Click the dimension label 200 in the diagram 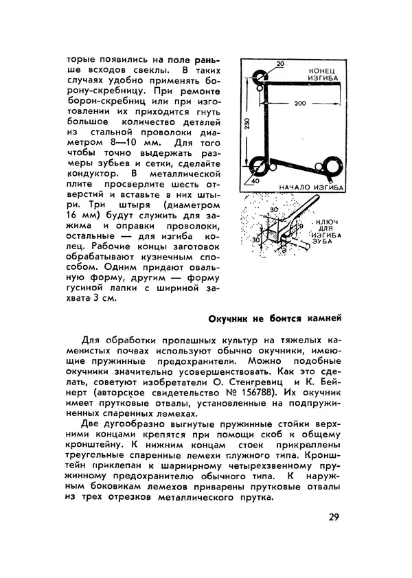[297, 103]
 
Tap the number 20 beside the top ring [279, 64]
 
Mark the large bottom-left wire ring [261, 165]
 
